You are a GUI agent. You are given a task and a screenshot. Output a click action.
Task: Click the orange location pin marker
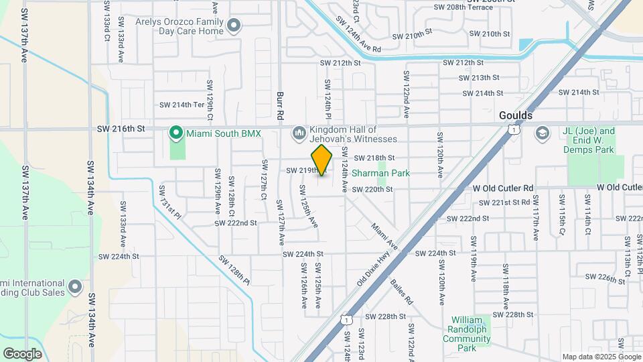(322, 160)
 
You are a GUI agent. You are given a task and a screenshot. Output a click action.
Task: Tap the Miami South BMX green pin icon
(175, 133)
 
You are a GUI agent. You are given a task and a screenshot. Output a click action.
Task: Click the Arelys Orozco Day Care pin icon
(234, 26)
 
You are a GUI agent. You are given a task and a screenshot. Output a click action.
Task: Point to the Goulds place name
(516, 115)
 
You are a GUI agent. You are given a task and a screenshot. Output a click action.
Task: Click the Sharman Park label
(401, 174)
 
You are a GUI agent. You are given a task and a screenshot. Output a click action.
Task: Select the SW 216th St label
(121, 128)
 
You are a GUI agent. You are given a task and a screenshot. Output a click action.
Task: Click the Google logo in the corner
(22, 353)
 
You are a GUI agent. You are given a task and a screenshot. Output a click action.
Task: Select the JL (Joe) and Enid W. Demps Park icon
(541, 133)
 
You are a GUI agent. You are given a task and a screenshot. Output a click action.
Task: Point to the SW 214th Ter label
(181, 105)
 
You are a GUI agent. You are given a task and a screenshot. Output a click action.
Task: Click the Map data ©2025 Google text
(600, 357)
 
